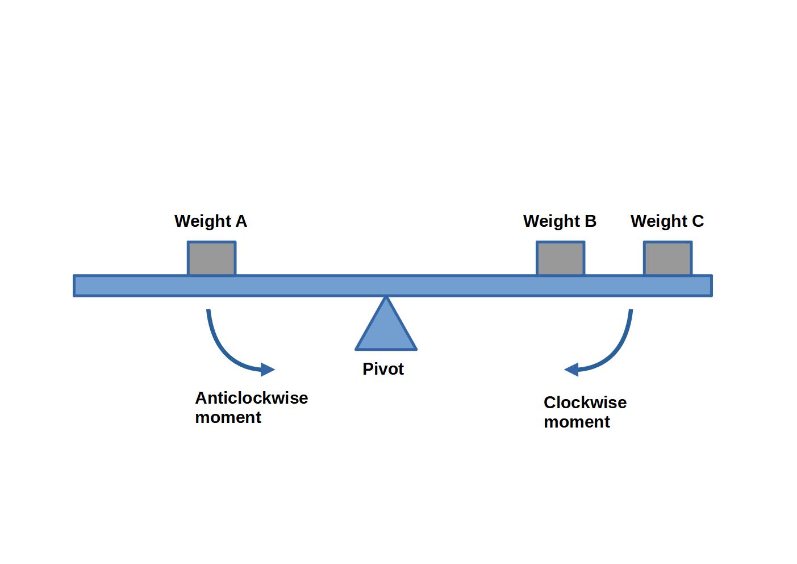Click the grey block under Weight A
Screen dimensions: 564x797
tap(211, 259)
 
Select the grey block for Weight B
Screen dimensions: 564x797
tap(560, 259)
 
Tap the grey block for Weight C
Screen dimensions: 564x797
tap(667, 259)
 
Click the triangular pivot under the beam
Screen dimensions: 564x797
tap(386, 330)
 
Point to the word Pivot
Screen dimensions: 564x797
tap(383, 369)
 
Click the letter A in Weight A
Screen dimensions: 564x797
tap(241, 221)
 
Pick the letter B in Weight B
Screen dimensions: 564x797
tap(590, 221)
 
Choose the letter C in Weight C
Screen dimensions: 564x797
tap(698, 221)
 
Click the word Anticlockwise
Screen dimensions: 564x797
tap(251, 398)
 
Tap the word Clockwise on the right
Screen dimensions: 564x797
tap(585, 403)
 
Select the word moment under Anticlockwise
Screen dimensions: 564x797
tap(228, 417)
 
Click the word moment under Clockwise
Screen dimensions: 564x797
tap(577, 422)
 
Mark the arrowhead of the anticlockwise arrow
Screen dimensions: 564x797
tap(268, 370)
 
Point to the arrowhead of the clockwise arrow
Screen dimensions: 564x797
tap(571, 370)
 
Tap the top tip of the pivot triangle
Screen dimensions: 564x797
tap(386, 298)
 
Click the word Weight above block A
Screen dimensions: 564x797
tap(202, 221)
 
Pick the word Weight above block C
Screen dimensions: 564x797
tap(659, 221)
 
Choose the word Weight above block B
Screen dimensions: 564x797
tap(551, 221)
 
